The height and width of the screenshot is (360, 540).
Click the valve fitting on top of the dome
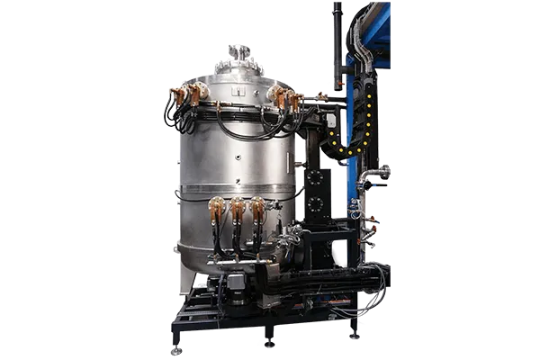click(236, 53)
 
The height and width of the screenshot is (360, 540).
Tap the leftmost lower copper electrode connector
click(216, 209)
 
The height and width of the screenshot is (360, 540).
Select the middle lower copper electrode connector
click(237, 209)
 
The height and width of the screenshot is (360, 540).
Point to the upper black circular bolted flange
click(315, 177)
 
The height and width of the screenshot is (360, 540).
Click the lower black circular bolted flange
click(315, 206)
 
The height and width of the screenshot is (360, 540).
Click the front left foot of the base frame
click(176, 347)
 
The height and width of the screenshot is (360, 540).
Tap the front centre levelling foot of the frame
click(267, 341)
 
